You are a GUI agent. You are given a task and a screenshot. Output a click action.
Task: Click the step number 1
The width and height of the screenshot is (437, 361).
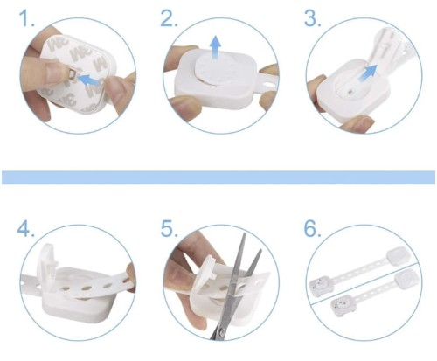[x=27, y=18]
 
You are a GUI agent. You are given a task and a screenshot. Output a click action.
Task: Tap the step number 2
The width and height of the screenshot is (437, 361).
[x=170, y=18]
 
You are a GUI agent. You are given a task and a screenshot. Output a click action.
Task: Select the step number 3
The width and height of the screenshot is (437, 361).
[x=313, y=18]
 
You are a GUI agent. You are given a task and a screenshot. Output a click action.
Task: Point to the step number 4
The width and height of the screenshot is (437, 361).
[x=25, y=228]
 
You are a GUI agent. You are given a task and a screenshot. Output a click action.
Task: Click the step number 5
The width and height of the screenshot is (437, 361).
[x=170, y=228]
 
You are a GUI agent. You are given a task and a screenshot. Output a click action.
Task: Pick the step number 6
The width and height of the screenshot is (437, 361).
[x=313, y=228]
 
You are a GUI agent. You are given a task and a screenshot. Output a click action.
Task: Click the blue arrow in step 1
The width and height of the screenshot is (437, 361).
[x=89, y=80]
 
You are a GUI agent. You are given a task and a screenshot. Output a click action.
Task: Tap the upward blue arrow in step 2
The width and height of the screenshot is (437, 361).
[x=215, y=47]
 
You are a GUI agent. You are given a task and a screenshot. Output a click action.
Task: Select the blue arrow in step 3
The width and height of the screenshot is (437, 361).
[x=367, y=73]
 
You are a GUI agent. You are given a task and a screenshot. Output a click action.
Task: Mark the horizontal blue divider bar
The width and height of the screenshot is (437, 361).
[x=218, y=177]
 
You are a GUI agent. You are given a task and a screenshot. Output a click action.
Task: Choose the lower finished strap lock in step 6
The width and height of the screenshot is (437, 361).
[x=376, y=294]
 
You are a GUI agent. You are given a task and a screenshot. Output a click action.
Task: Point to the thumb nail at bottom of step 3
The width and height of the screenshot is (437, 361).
[x=357, y=121]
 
